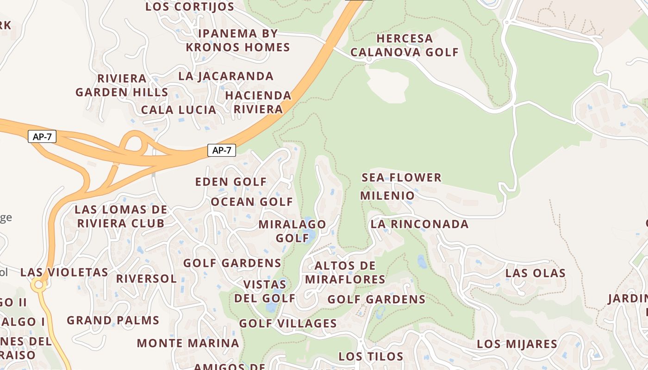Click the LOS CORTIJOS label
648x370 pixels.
click(x=190, y=7)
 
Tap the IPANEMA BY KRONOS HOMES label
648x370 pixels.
click(x=238, y=40)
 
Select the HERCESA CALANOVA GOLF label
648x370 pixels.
click(x=404, y=45)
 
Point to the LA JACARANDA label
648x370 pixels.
click(x=226, y=76)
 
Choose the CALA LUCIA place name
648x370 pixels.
click(x=179, y=110)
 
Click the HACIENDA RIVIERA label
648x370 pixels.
click(x=258, y=102)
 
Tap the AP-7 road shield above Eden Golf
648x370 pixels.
click(x=222, y=150)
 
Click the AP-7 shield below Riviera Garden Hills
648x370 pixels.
click(x=42, y=137)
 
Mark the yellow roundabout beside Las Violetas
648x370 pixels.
click(x=39, y=285)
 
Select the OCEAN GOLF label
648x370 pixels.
click(x=252, y=202)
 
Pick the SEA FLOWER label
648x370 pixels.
click(x=401, y=178)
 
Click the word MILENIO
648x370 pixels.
click(x=387, y=196)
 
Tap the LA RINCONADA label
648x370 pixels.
click(x=419, y=224)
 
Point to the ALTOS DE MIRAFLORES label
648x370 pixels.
click(x=345, y=272)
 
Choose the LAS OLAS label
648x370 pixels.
click(x=535, y=273)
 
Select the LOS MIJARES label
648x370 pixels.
click(x=517, y=344)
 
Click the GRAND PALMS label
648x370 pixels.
click(x=113, y=320)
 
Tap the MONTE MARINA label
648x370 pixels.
click(x=188, y=343)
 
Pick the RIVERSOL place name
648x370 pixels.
click(x=146, y=279)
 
